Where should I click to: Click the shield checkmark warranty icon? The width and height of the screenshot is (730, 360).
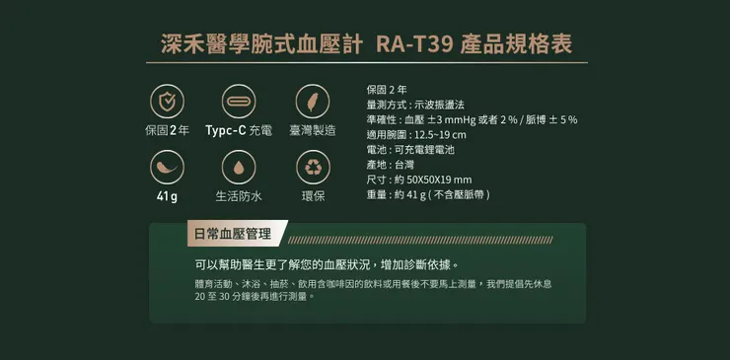click(167, 102)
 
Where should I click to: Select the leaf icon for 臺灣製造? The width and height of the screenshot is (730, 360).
click(312, 102)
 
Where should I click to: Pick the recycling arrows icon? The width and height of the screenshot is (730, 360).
click(312, 168)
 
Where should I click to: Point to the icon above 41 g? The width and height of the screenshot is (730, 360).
click(167, 168)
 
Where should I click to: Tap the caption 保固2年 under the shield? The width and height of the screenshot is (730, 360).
click(167, 131)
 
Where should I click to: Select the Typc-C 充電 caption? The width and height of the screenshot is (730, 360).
click(239, 131)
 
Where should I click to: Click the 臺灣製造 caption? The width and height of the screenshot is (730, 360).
click(312, 131)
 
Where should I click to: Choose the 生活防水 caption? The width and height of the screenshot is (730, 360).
click(239, 196)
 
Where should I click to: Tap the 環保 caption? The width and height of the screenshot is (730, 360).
click(312, 196)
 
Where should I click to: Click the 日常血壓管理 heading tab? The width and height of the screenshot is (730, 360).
click(232, 235)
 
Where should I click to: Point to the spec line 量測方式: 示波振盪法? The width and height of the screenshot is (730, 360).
click(414, 105)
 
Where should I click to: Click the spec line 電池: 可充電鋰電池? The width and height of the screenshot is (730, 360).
click(409, 150)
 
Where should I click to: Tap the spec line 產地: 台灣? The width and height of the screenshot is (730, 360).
click(390, 165)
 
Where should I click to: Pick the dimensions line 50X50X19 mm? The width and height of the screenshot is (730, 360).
click(418, 180)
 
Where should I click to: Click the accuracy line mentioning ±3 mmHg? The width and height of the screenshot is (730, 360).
click(471, 119)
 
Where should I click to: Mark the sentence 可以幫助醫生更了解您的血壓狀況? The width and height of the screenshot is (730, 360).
click(326, 265)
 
